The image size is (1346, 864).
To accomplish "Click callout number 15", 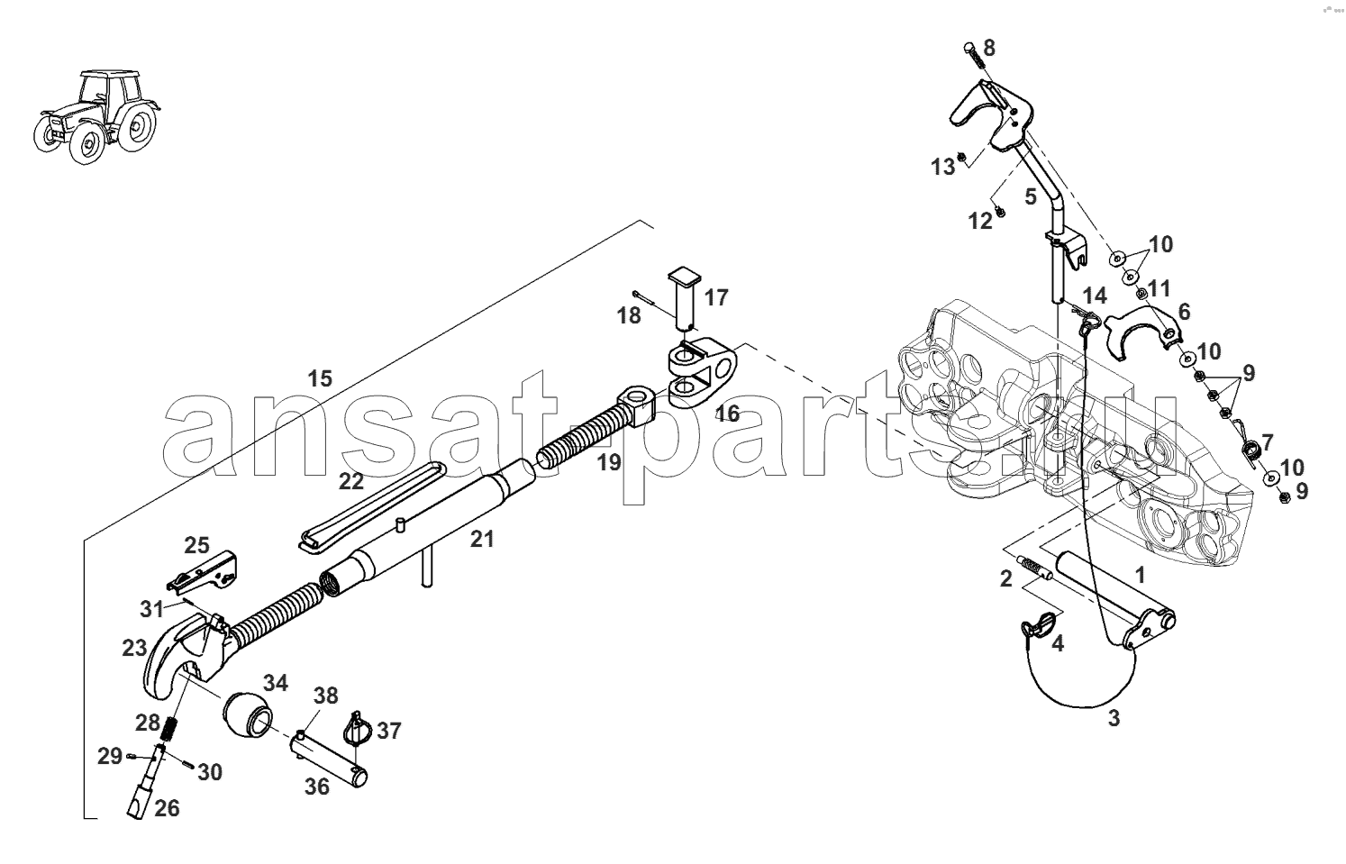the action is (x=320, y=379).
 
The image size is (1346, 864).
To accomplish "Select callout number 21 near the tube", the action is (x=482, y=539).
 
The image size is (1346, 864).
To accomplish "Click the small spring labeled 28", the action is (x=171, y=730).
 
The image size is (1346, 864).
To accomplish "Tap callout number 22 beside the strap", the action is (x=351, y=481).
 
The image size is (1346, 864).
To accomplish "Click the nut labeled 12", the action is (x=1000, y=211).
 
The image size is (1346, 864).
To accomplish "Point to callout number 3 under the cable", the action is (x=1114, y=718).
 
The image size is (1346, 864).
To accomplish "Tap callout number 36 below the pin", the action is (x=316, y=787).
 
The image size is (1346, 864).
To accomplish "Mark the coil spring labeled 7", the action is (x=1251, y=452).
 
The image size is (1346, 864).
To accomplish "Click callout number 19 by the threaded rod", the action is (x=609, y=463).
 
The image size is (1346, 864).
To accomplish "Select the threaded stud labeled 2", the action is (x=1036, y=568).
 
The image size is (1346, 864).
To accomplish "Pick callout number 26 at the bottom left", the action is (x=167, y=808).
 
